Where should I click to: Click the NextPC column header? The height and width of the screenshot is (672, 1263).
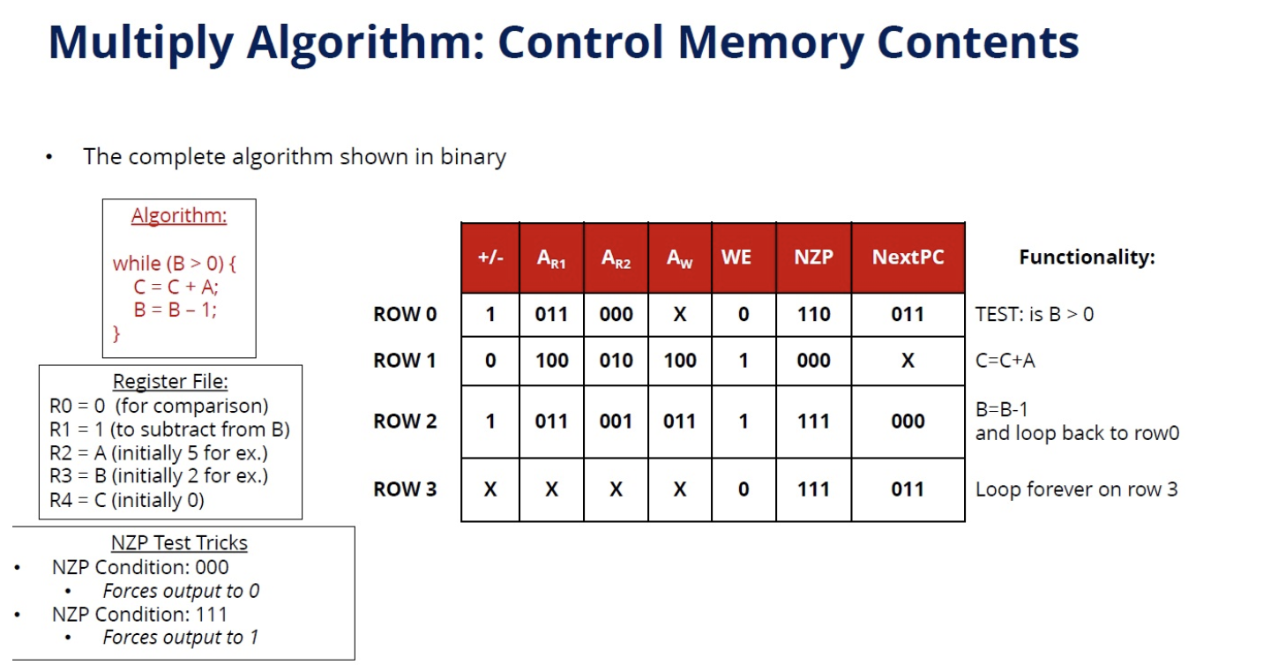pyautogui.click(x=908, y=258)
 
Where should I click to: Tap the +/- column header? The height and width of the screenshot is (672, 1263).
pyautogui.click(x=490, y=258)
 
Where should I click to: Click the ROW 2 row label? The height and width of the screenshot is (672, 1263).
pyautogui.click(x=405, y=422)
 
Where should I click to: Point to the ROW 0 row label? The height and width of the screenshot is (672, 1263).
pyautogui.click(x=405, y=315)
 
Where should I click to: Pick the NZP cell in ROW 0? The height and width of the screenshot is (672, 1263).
pyautogui.click(x=813, y=315)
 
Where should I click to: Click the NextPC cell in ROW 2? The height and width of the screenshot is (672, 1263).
pyautogui.click(x=908, y=422)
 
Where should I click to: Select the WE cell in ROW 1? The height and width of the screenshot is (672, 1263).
pyautogui.click(x=743, y=361)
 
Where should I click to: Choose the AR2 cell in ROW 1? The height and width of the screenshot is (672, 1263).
pyautogui.click(x=616, y=361)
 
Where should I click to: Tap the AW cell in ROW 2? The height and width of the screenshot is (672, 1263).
pyautogui.click(x=679, y=422)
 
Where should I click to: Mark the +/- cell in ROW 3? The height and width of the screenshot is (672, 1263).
pyautogui.click(x=490, y=489)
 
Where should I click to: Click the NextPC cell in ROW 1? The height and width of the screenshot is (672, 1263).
pyautogui.click(x=908, y=361)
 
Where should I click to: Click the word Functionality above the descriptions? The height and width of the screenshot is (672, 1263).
pyautogui.click(x=1087, y=258)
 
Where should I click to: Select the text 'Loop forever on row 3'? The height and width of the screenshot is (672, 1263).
pyautogui.click(x=1076, y=489)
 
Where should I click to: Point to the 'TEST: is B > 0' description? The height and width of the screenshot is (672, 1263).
pyautogui.click(x=1034, y=315)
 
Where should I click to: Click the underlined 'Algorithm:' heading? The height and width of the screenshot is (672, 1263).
pyautogui.click(x=179, y=216)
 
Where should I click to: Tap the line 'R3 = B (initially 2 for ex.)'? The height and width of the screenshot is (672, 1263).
pyautogui.click(x=159, y=476)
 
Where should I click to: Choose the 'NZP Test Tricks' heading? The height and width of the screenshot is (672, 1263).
pyautogui.click(x=179, y=543)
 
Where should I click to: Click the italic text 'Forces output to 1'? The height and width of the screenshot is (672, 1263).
pyautogui.click(x=180, y=637)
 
